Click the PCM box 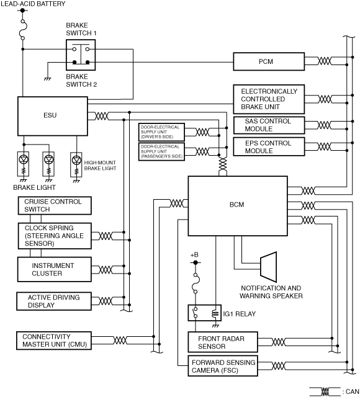point(269,61)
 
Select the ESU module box point(53,116)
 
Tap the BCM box point(238,206)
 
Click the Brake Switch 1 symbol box point(81,55)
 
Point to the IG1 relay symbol point(204,313)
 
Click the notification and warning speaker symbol point(269,267)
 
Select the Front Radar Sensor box point(223,342)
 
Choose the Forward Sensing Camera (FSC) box point(223,366)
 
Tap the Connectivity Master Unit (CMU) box point(54,341)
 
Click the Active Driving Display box point(54,301)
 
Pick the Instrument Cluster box point(55,269)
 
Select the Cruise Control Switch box point(55,205)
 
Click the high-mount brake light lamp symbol point(76,164)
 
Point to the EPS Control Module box point(269,146)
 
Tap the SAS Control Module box point(269,125)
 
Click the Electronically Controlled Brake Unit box point(269,99)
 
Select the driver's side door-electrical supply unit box point(161,132)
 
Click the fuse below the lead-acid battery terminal point(23,30)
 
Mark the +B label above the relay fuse point(194,255)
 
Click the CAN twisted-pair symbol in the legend point(325,391)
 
